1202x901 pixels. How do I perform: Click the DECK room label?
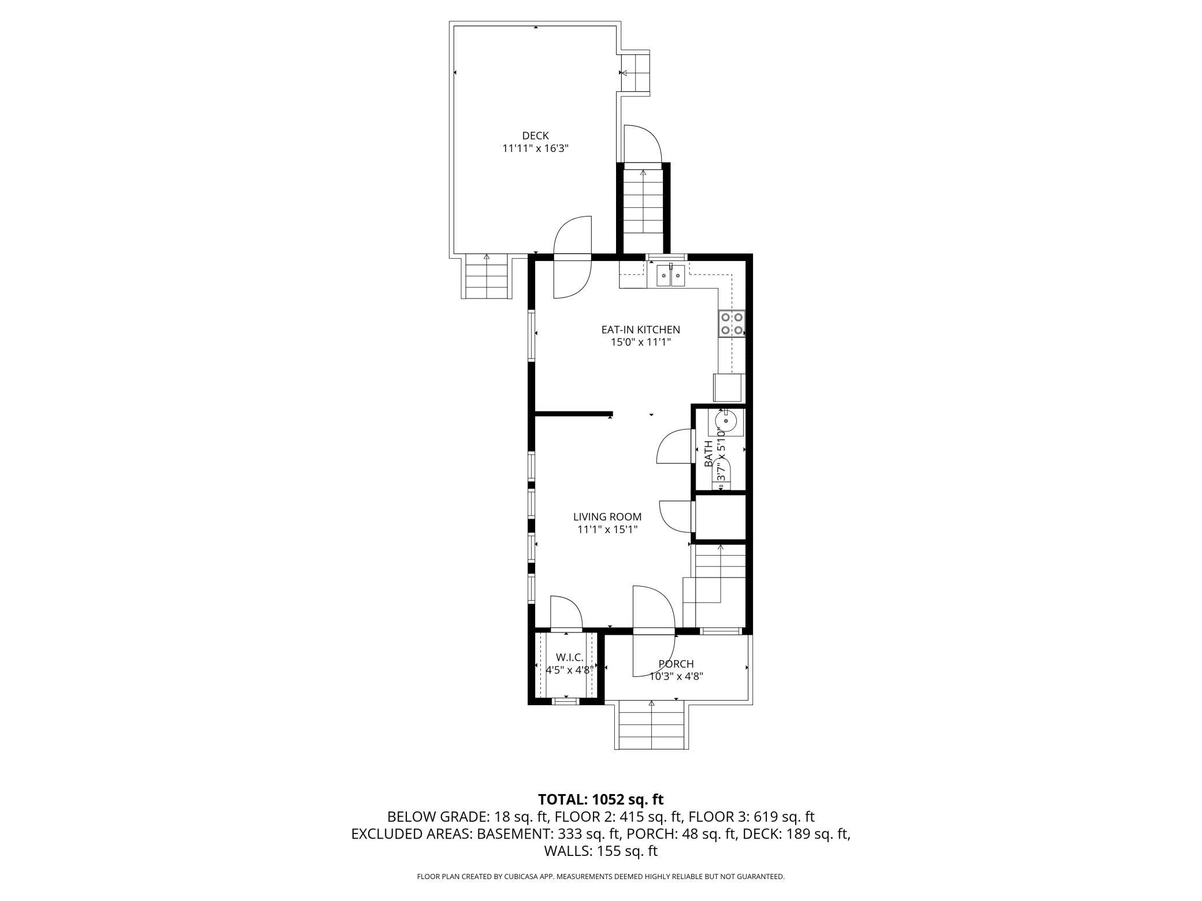pos(535,136)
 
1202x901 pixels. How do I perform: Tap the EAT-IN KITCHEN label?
pos(640,330)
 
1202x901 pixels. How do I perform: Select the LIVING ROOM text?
pos(607,517)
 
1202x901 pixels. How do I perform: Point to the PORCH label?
pos(676,664)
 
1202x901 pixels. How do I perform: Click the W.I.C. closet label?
pos(569,657)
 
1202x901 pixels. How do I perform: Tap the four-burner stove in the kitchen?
pos(731,324)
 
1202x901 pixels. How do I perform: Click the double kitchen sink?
pos(670,276)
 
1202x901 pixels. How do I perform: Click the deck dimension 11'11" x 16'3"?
pos(535,148)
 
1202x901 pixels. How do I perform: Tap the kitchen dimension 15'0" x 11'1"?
pos(640,342)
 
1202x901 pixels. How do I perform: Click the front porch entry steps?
pos(651,726)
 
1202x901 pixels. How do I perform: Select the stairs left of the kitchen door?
pos(487,277)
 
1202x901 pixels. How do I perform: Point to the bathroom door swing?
pos(675,446)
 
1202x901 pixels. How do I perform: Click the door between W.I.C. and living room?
pos(566,613)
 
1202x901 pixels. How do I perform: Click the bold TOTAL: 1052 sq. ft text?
pos(600,799)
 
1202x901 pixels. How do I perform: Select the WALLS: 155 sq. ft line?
pos(600,851)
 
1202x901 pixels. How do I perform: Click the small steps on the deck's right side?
pos(636,73)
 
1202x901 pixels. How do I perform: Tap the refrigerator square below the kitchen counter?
pos(729,388)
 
